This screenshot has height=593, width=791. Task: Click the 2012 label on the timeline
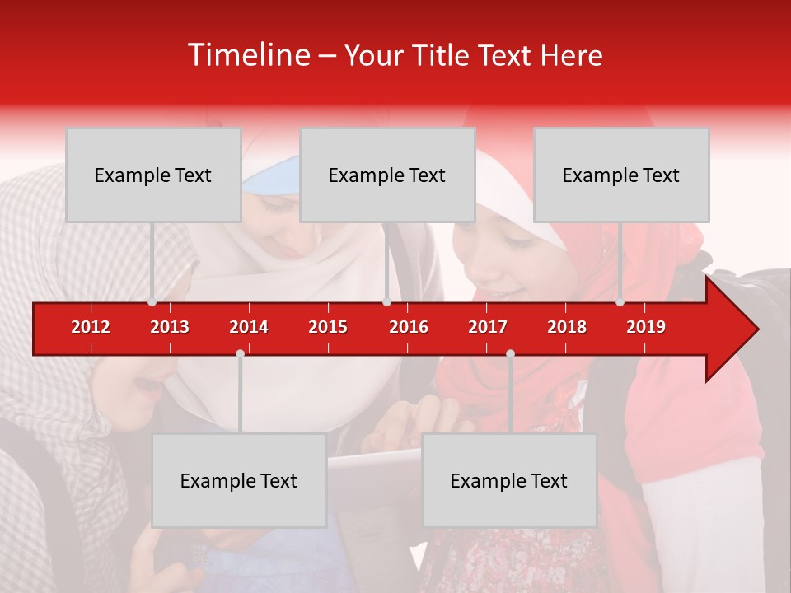click(91, 327)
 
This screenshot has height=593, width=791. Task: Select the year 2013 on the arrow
click(170, 327)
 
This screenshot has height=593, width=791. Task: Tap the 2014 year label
click(249, 327)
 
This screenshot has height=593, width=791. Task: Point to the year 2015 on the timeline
click(328, 327)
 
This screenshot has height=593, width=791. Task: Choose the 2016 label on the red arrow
click(409, 327)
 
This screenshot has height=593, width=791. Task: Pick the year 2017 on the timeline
click(488, 327)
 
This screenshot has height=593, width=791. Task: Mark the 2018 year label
click(567, 327)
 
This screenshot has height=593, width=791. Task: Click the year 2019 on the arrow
click(646, 327)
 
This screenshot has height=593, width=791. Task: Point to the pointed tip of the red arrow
click(756, 329)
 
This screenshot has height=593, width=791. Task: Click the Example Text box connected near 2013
click(153, 175)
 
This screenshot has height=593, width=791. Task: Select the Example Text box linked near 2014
click(239, 480)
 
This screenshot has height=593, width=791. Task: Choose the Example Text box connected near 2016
click(387, 175)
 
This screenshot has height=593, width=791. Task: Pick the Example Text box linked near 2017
click(509, 480)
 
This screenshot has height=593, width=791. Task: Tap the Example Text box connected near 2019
click(621, 175)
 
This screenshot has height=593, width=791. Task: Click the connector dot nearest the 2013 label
click(152, 302)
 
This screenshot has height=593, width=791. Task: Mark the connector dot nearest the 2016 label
click(386, 302)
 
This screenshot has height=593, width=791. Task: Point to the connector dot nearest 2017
click(510, 354)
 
